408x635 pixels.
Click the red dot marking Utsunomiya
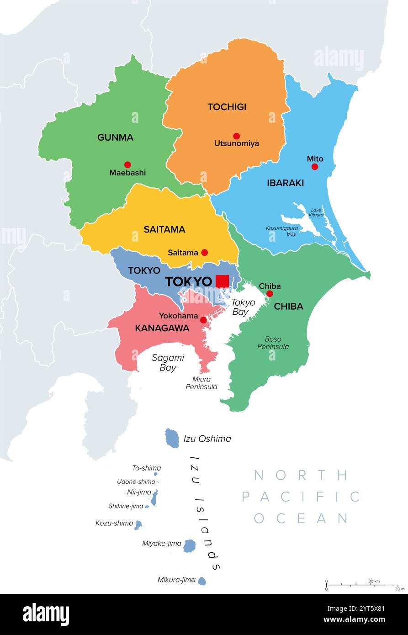[236, 136]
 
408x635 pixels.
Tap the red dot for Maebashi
[127, 164]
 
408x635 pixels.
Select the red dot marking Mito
[314, 167]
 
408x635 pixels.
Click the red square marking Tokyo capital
[222, 281]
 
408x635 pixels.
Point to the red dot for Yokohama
[203, 320]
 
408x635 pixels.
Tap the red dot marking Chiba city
[270, 294]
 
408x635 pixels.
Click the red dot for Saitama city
[205, 252]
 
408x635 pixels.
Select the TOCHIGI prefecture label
[227, 107]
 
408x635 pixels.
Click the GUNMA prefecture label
[115, 137]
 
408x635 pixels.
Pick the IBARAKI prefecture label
[285, 183]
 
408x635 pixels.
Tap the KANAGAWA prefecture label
[156, 328]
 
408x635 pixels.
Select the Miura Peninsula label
[201, 383]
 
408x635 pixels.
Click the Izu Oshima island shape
[172, 438]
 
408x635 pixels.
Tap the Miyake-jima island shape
[189, 545]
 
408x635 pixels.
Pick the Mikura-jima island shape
[202, 581]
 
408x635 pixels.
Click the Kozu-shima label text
[114, 523]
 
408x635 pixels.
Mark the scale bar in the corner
[361, 585]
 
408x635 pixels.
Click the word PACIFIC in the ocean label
[301, 497]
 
